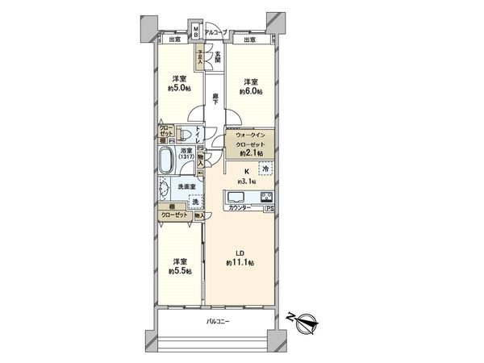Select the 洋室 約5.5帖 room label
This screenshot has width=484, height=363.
[180, 267]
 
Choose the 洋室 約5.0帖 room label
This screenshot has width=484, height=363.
[178, 84]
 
